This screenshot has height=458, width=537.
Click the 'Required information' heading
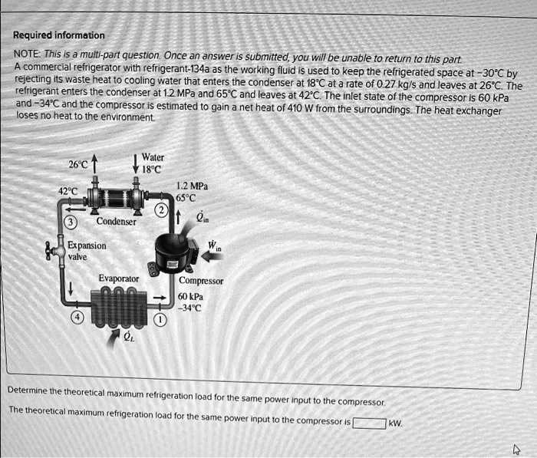(x=58, y=35)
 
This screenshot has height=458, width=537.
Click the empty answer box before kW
(x=368, y=422)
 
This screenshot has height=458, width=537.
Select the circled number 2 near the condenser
(x=162, y=212)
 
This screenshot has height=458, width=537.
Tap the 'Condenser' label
(x=116, y=222)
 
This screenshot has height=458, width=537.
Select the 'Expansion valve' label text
(x=87, y=251)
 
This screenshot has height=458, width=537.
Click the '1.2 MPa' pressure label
(x=192, y=186)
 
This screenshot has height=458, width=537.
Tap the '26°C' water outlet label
(x=78, y=165)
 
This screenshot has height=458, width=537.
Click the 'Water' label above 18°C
(x=153, y=157)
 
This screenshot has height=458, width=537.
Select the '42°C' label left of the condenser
(x=68, y=191)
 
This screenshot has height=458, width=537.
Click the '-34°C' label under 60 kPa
(x=191, y=308)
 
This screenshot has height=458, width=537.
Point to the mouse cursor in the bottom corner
(x=516, y=448)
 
